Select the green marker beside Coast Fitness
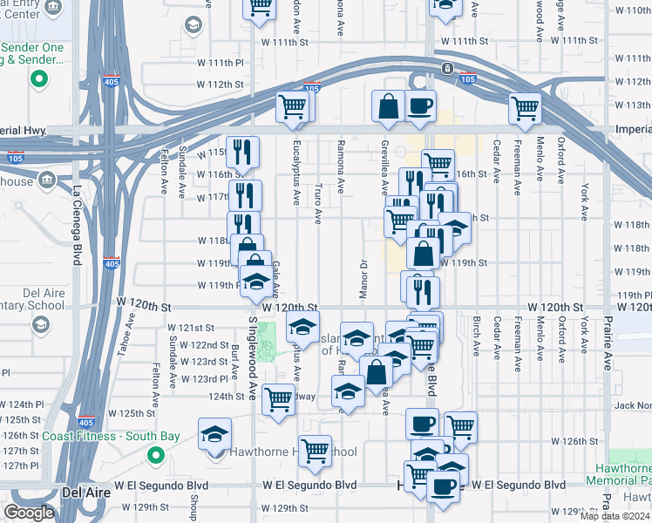pyautogui.click(x=156, y=454)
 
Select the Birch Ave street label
pyautogui.click(x=476, y=336)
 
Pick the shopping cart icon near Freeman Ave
pyautogui.click(x=525, y=108)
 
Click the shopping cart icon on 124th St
pyautogui.click(x=278, y=400)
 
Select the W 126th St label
pyautogui.click(x=573, y=441)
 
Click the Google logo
pyautogui.click(x=29, y=513)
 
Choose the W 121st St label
pyautogui.click(x=191, y=328)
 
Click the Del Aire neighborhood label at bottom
pyautogui.click(x=86, y=492)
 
